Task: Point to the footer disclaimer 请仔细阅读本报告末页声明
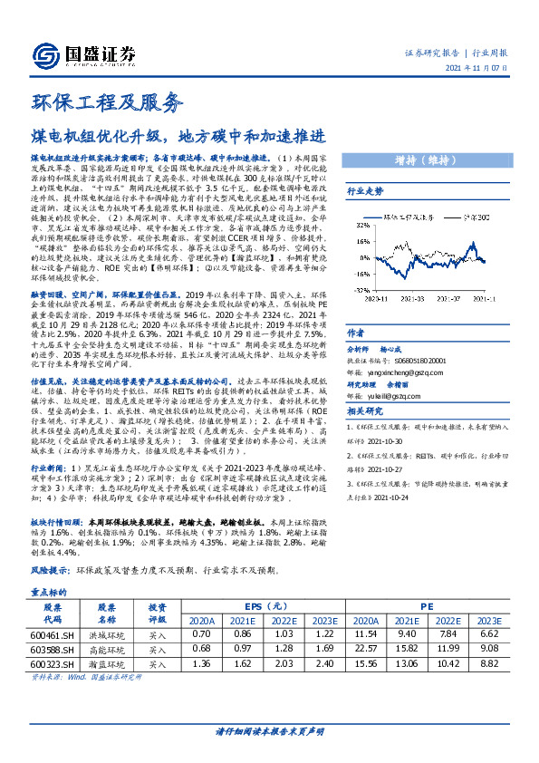269,730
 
